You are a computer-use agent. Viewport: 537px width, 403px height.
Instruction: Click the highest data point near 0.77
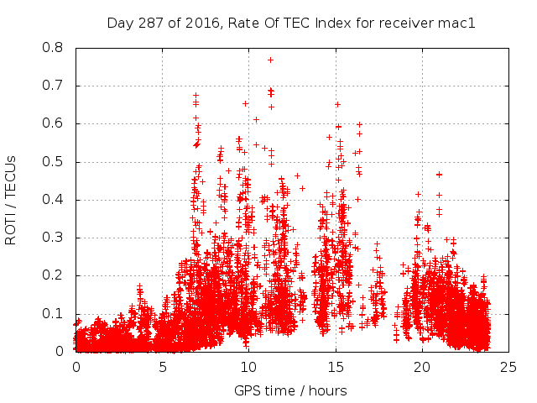point(270,60)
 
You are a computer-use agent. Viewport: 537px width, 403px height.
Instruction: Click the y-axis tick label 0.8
point(59,48)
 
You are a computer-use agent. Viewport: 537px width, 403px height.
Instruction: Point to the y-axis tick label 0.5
point(59,162)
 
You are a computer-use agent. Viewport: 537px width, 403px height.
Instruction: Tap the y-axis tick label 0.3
point(59,238)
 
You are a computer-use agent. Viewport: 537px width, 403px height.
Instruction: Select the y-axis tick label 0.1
point(59,314)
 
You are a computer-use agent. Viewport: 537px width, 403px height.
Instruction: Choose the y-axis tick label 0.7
point(59,86)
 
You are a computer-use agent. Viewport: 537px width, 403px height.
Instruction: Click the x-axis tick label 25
point(508,368)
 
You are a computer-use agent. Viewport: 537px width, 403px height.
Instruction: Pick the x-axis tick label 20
point(421,368)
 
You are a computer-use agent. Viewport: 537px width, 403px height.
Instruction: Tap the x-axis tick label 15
point(335,368)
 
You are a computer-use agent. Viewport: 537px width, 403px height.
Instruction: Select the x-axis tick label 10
point(248,368)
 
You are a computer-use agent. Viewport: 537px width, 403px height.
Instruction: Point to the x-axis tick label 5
point(162,368)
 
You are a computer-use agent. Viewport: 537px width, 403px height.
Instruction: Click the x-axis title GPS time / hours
point(290,390)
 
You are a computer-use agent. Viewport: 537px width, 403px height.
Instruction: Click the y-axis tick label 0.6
point(59,123)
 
